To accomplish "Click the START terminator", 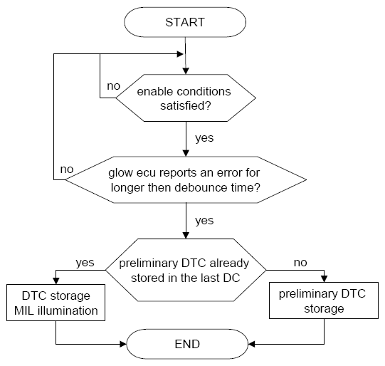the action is (x=185, y=22).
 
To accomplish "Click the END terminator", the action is (x=187, y=344).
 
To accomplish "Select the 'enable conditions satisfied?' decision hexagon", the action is (x=186, y=98).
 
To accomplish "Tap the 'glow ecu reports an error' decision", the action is (x=186, y=179).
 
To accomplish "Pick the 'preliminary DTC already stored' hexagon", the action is (x=186, y=270).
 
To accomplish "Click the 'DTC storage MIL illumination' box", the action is (x=56, y=303).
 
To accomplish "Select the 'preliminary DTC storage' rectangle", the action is (x=324, y=300).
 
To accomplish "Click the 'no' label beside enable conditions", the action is (x=113, y=86).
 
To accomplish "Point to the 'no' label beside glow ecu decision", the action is (x=67, y=169).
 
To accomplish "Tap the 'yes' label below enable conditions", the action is (x=204, y=138).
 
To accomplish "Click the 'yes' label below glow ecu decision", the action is (x=204, y=221).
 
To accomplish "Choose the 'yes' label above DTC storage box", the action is (x=85, y=263).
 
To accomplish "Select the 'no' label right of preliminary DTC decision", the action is (x=300, y=263).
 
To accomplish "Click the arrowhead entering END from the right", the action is (x=251, y=344).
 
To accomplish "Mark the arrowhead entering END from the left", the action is (x=123, y=344).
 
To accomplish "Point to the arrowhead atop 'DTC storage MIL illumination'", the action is (x=56, y=281).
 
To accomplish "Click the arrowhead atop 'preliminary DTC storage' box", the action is (x=324, y=279).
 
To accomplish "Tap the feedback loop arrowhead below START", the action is (x=180, y=54).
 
